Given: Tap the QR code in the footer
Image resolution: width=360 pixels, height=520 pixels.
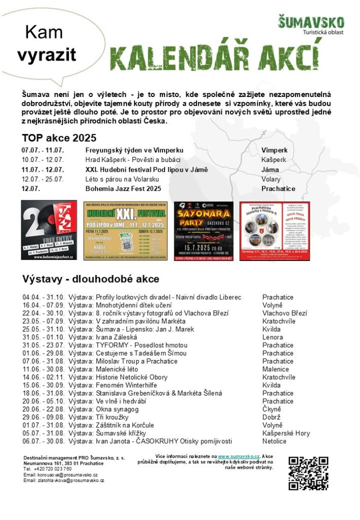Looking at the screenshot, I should [x=308, y=473].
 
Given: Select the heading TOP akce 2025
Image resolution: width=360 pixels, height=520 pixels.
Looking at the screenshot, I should [x=59, y=138].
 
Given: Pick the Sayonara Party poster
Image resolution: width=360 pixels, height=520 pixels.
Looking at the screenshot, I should [x=204, y=231].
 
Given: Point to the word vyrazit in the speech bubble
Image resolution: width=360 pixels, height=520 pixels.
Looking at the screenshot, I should [x=47, y=55].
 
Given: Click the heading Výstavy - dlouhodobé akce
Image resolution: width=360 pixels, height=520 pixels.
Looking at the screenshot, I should [x=90, y=279].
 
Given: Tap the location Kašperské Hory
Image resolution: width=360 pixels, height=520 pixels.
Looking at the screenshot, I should [x=286, y=433].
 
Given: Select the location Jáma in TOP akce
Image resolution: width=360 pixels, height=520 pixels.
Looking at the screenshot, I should [x=270, y=170].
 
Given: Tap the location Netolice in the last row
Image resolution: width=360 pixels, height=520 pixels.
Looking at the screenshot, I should [x=274, y=441].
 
